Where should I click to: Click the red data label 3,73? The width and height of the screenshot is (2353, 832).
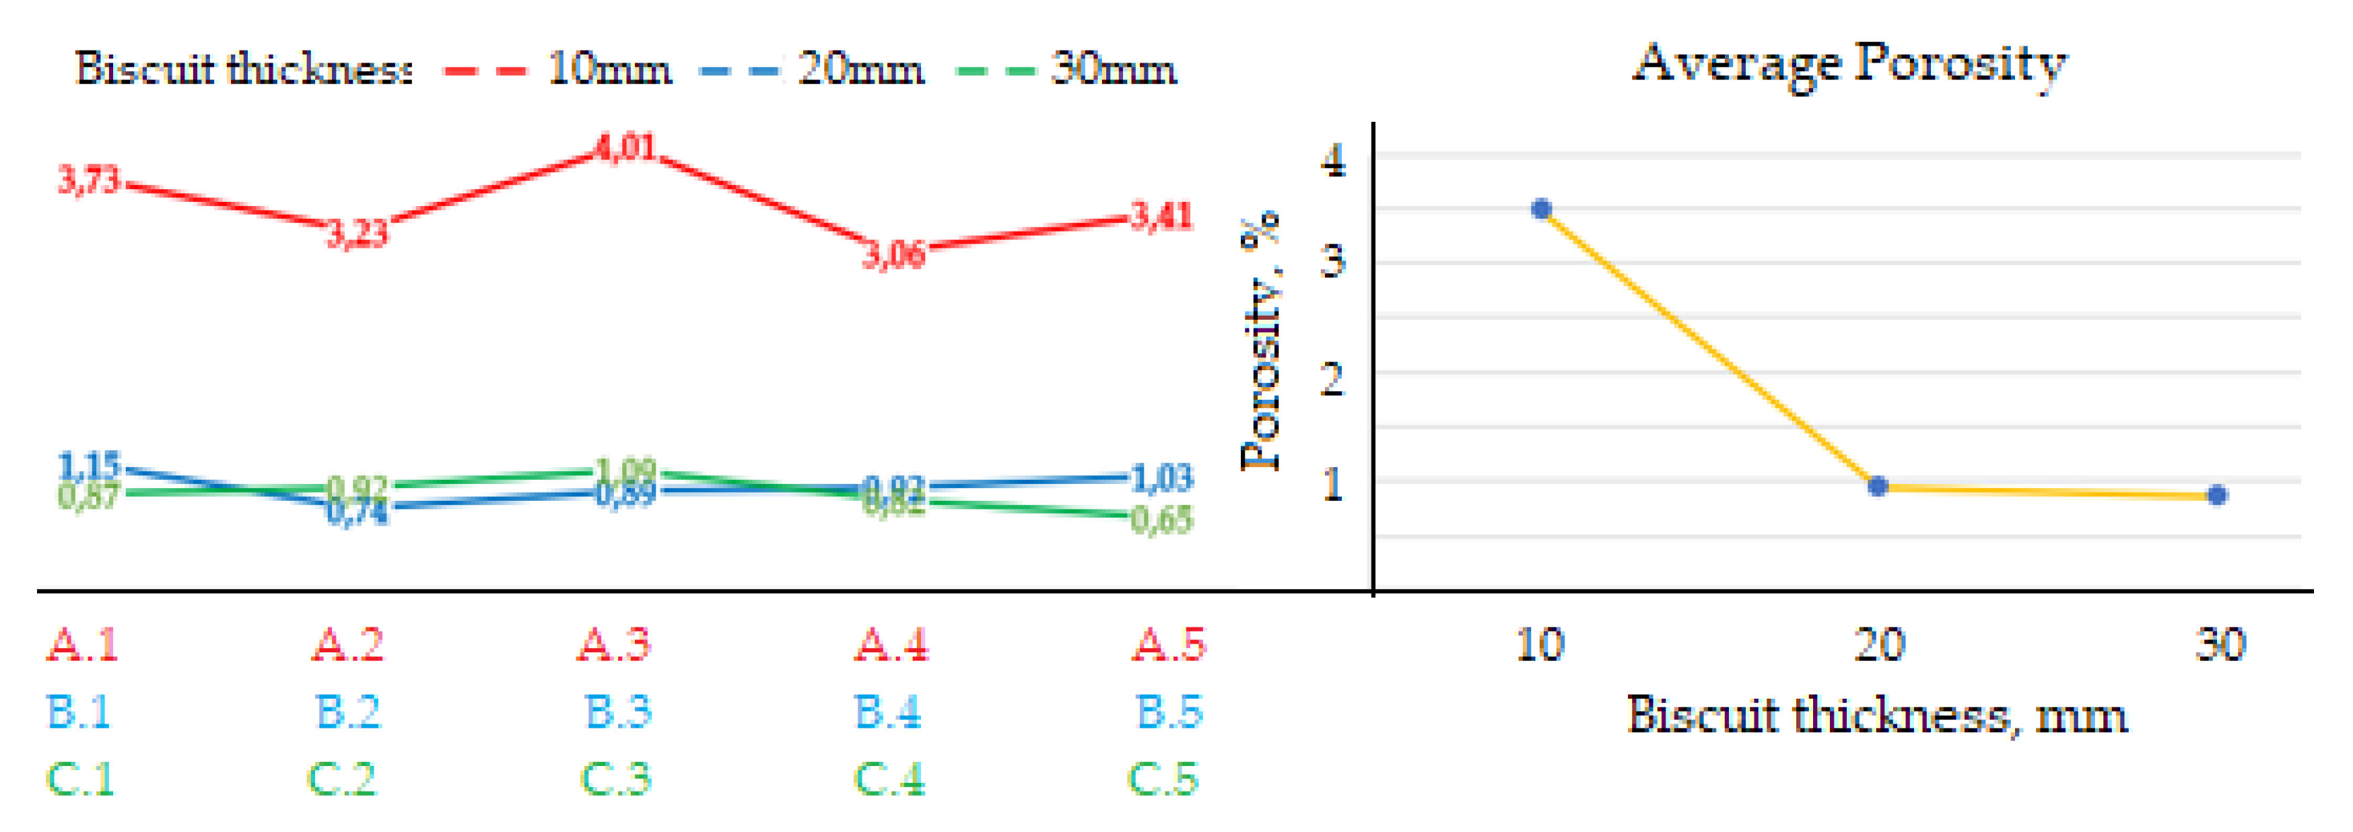tap(89, 180)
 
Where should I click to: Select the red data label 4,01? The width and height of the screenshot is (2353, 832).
tap(625, 147)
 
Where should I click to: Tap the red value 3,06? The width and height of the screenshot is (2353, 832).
tap(894, 255)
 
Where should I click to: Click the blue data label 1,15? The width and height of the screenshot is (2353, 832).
tap(89, 466)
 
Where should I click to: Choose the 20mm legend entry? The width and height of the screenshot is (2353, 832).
tap(860, 69)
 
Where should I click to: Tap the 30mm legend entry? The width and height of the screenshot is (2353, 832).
tap(1114, 69)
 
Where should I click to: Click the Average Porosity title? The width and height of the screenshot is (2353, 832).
tap(1849, 64)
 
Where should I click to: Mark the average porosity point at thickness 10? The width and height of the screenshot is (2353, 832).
tap(1542, 210)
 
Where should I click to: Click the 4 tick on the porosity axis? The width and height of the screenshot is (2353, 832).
tap(1334, 161)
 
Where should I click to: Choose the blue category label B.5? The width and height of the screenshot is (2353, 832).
tap(1169, 712)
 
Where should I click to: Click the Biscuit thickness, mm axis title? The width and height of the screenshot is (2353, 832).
tap(1877, 715)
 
